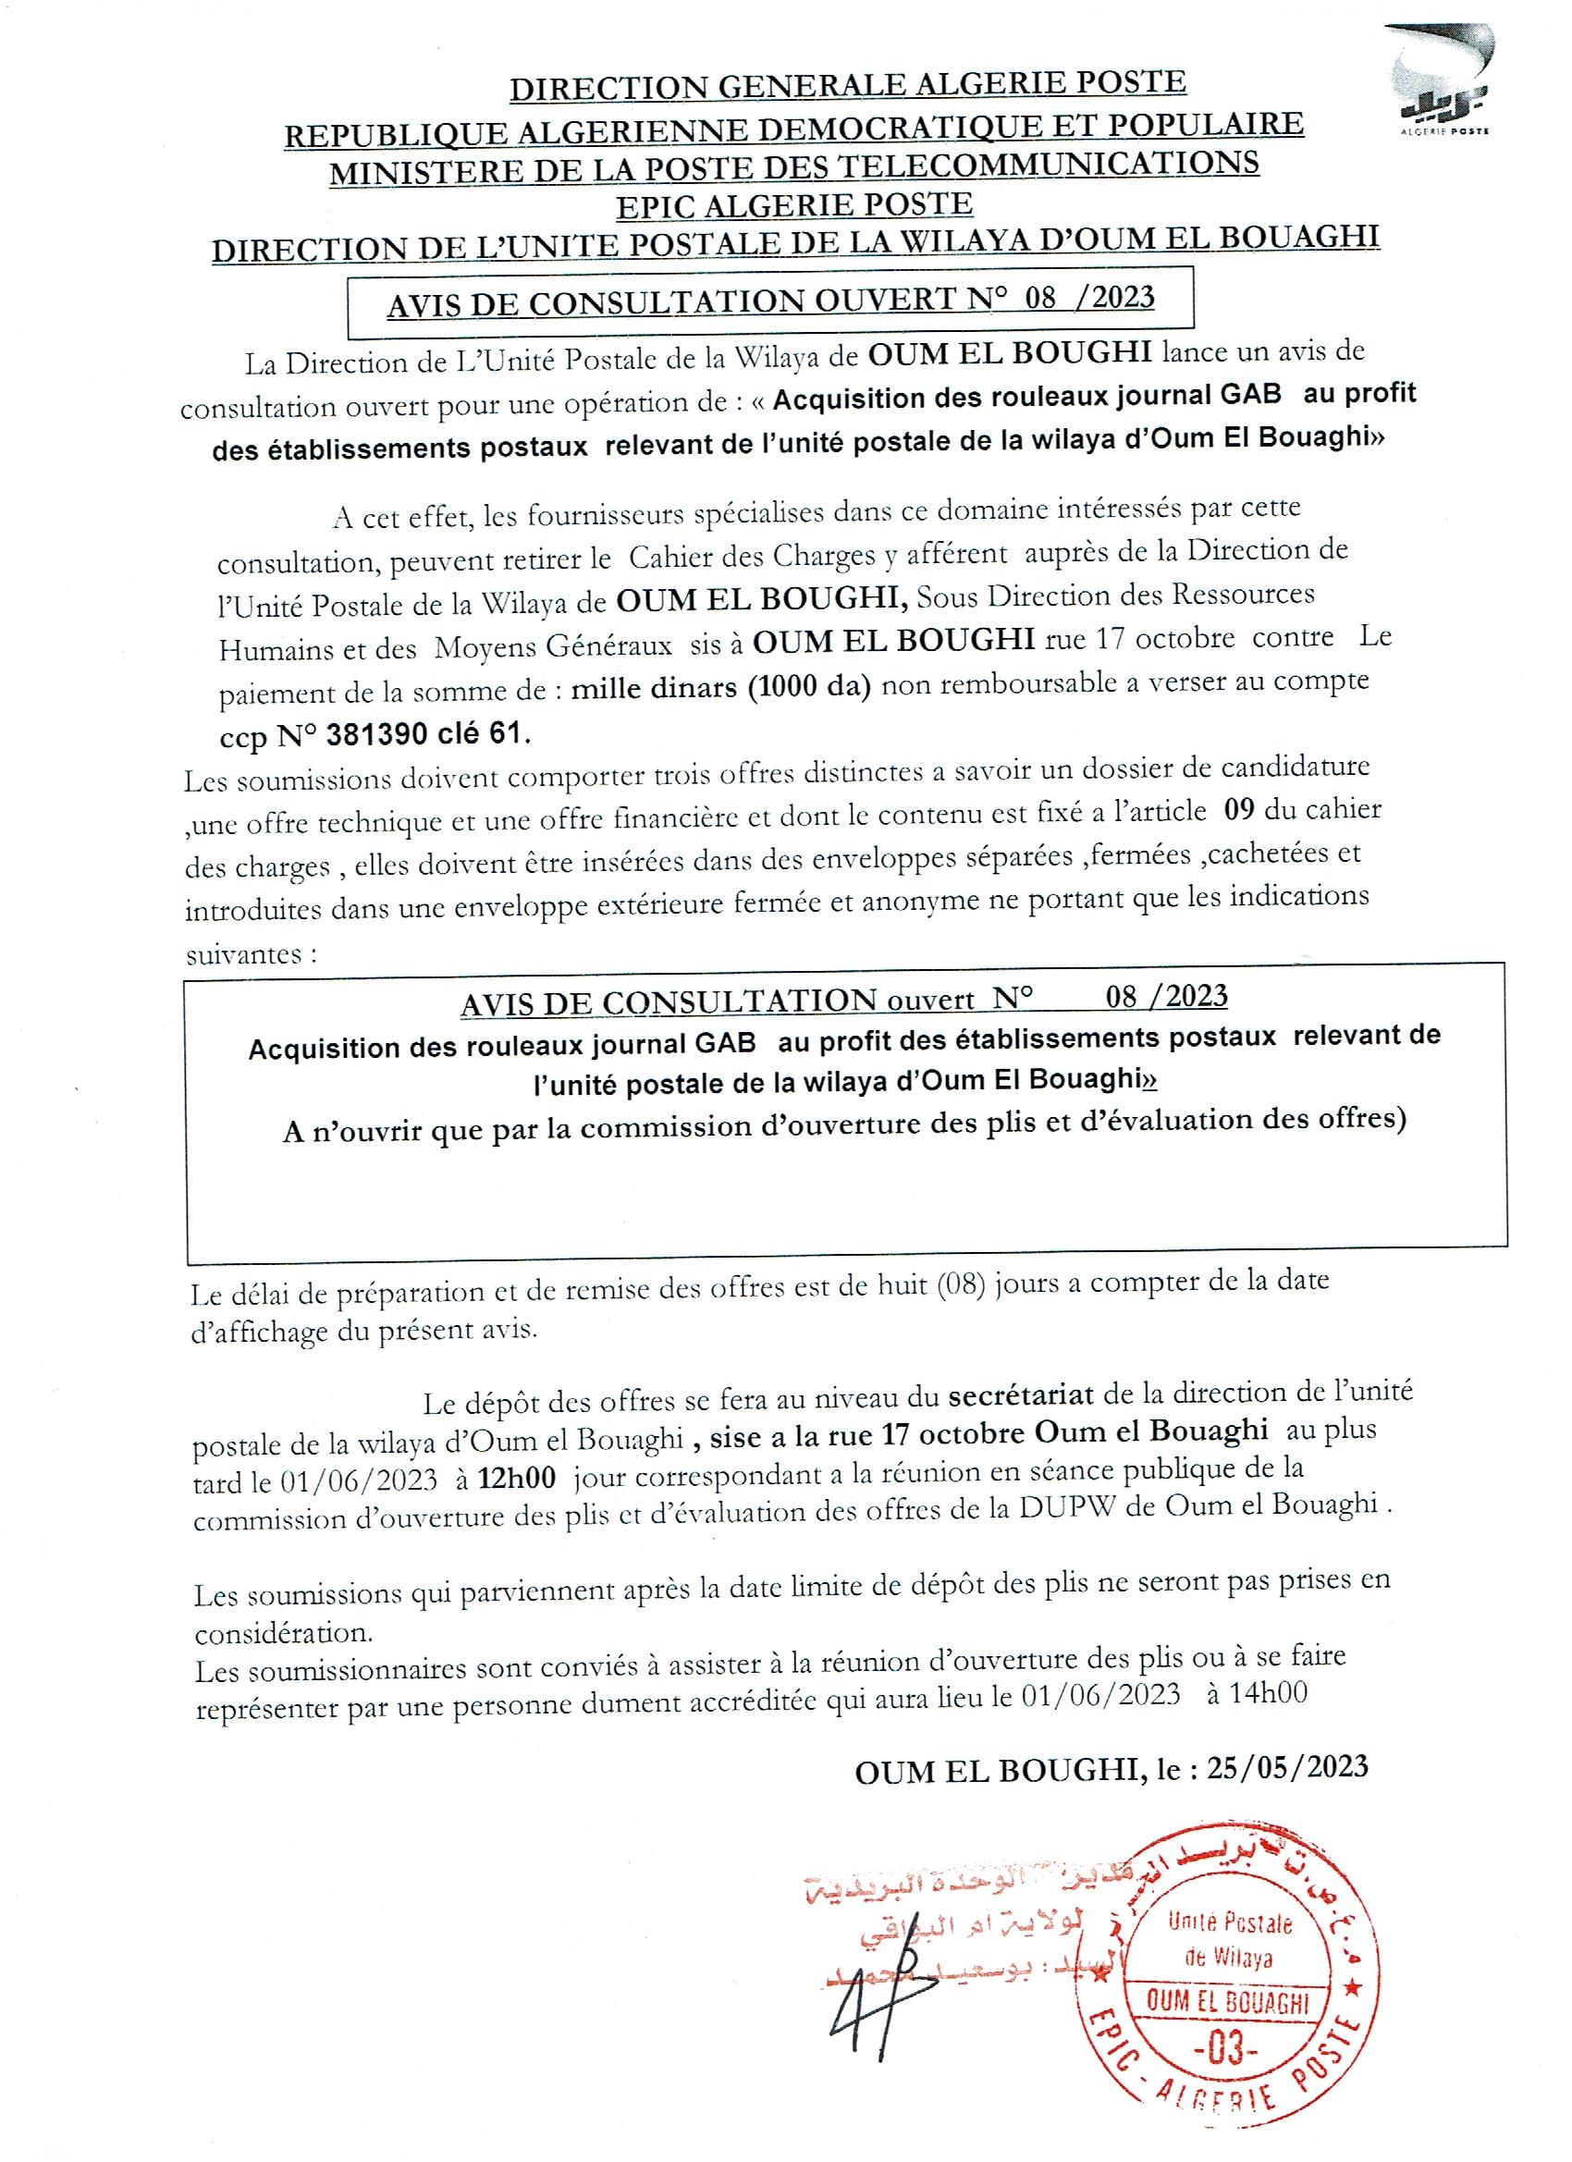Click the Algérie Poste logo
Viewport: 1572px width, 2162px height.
coord(1440,80)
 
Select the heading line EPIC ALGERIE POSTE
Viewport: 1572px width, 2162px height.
coord(794,206)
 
